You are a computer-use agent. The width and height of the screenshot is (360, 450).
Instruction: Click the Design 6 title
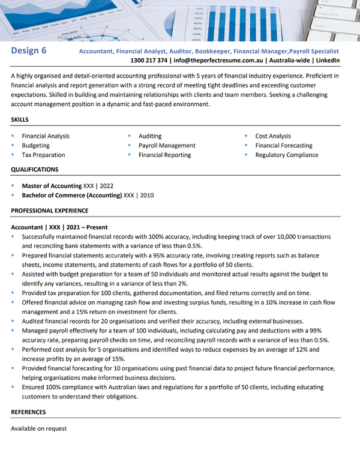[29, 51]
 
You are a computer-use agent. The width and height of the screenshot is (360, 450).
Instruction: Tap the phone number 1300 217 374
[149, 61]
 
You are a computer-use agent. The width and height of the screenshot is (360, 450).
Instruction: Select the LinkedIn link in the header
[328, 61]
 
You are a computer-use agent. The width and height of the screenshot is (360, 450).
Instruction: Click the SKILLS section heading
[20, 120]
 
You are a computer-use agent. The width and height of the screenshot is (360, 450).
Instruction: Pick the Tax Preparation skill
[43, 155]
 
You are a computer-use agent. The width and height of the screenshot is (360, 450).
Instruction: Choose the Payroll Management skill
[167, 145]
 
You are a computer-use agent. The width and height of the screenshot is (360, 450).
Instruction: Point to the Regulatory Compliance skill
[286, 155]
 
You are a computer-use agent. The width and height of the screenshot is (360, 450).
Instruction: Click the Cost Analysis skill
[272, 136]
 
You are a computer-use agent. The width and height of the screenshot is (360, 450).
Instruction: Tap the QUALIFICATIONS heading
[35, 170]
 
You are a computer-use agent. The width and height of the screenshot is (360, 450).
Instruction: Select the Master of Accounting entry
[52, 186]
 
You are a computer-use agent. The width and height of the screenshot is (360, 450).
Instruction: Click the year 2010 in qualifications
[146, 196]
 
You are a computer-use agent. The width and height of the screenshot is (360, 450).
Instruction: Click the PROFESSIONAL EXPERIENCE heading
[50, 211]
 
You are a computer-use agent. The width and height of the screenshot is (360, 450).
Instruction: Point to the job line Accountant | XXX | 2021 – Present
[59, 227]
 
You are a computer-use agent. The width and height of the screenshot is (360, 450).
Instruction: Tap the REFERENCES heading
[28, 412]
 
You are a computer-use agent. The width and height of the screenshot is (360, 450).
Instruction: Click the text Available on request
[38, 428]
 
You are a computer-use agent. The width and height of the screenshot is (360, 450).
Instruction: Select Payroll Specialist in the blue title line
[314, 52]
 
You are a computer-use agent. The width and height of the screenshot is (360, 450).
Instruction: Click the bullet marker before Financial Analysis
[13, 136]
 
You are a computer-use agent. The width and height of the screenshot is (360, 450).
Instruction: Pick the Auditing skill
[149, 136]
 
